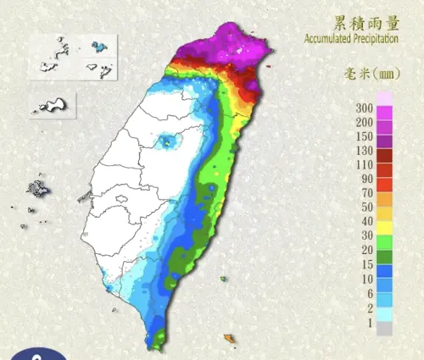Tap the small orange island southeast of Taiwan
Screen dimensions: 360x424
click(229, 338)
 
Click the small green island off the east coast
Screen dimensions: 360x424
click(224, 279)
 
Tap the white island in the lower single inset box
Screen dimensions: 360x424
click(52, 105)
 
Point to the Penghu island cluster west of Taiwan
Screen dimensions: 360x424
click(38, 187)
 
